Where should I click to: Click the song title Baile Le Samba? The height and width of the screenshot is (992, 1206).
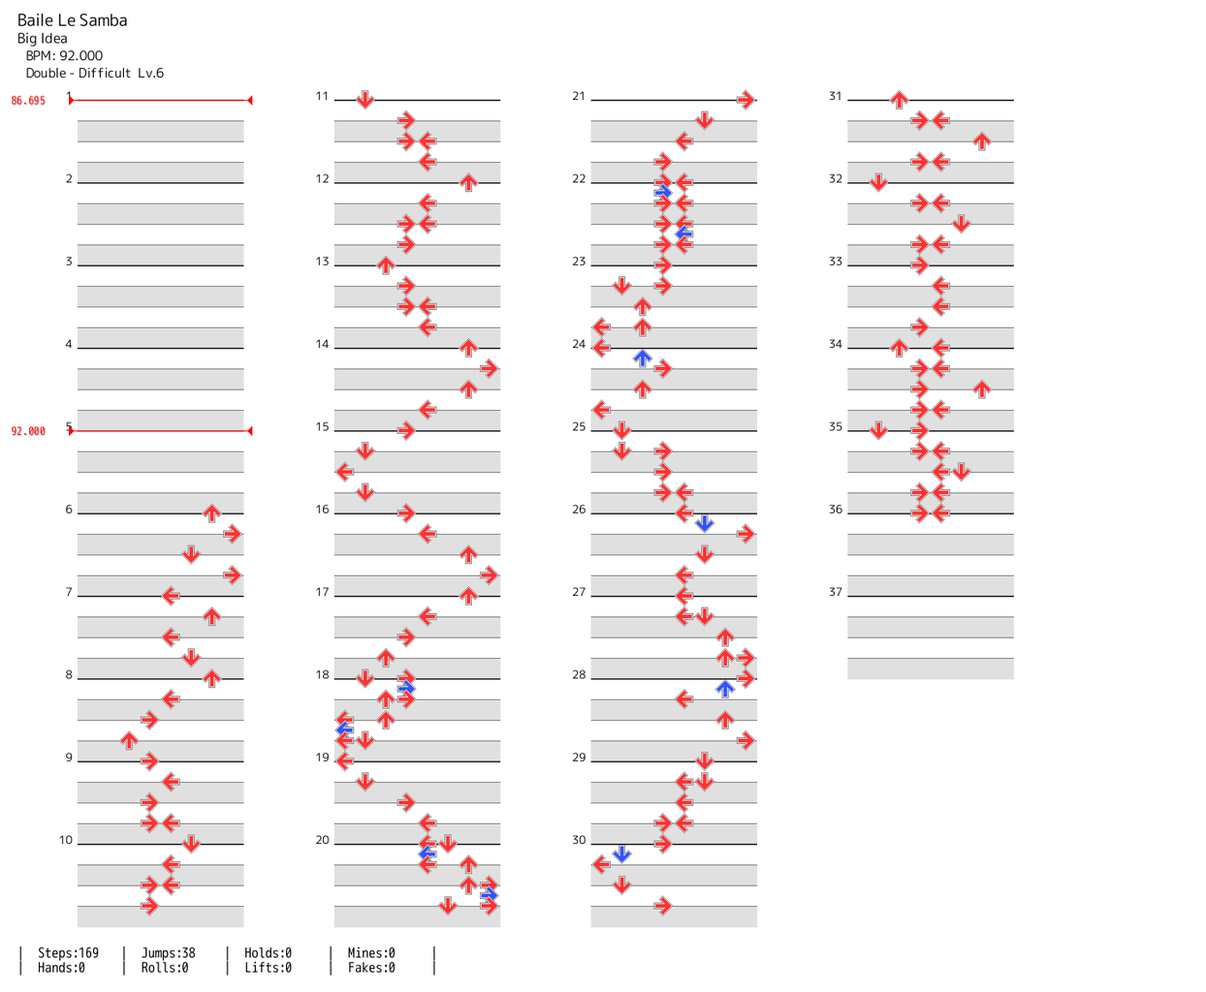(73, 20)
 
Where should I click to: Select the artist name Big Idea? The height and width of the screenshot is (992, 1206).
(43, 39)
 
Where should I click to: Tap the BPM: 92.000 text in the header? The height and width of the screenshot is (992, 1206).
(64, 56)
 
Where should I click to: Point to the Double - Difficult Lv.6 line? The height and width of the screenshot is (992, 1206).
(95, 74)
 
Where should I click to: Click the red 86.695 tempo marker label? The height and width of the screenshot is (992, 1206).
(28, 101)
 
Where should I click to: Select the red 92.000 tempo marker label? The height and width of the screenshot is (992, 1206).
(28, 432)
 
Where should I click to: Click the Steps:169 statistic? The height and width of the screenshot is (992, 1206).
(68, 953)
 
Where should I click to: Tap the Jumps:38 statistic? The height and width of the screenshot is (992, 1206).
(168, 953)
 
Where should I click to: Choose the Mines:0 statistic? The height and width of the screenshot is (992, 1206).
(371, 953)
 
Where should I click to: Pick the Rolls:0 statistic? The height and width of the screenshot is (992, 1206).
(165, 968)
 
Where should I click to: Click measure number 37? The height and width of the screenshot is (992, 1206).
(836, 592)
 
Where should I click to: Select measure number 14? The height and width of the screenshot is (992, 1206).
(322, 344)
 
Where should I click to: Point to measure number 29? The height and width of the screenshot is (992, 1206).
(579, 758)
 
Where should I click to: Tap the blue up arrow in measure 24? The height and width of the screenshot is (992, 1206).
(642, 358)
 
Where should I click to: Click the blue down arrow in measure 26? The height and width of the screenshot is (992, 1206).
(705, 523)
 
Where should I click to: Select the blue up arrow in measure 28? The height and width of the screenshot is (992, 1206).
(725, 689)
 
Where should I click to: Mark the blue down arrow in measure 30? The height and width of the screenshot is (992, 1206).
(621, 853)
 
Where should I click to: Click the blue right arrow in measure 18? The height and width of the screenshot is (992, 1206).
(406, 688)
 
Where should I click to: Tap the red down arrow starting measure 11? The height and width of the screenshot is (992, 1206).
(365, 99)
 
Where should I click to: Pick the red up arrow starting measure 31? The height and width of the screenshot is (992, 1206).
(899, 99)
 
